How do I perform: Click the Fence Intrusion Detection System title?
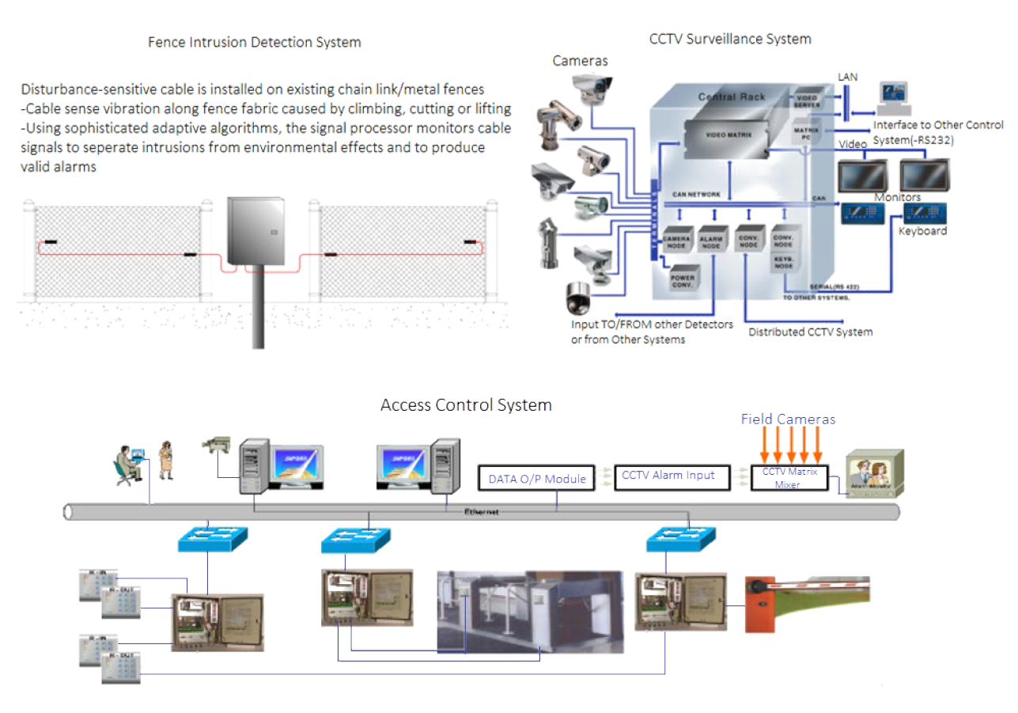(x=255, y=43)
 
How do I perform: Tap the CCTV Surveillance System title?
(x=730, y=39)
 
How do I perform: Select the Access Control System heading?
(x=466, y=405)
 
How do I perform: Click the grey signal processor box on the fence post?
(x=252, y=230)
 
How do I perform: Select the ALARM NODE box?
(x=713, y=242)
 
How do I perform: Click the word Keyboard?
(x=922, y=231)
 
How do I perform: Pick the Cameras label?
(x=581, y=61)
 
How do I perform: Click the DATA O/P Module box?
(x=537, y=478)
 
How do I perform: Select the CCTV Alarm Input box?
(x=668, y=476)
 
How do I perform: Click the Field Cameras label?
(x=788, y=419)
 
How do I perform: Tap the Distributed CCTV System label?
(x=811, y=332)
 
